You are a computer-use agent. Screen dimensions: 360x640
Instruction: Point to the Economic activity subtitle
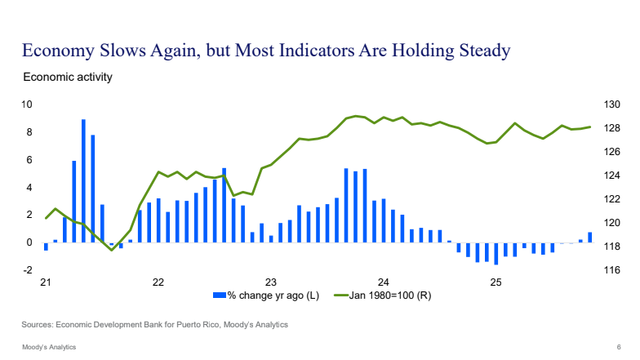(67, 78)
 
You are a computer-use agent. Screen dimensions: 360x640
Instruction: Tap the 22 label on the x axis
(158, 282)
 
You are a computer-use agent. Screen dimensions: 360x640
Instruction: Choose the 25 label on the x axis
(496, 282)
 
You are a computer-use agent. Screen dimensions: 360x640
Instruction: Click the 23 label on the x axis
(271, 282)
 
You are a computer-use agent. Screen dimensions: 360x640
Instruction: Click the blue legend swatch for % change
(219, 295)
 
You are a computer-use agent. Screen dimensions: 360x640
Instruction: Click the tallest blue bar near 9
(83, 180)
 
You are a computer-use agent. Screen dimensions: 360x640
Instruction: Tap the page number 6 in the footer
(618, 347)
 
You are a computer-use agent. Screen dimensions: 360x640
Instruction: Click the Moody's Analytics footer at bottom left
(49, 347)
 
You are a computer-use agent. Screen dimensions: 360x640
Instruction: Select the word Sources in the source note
(38, 325)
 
